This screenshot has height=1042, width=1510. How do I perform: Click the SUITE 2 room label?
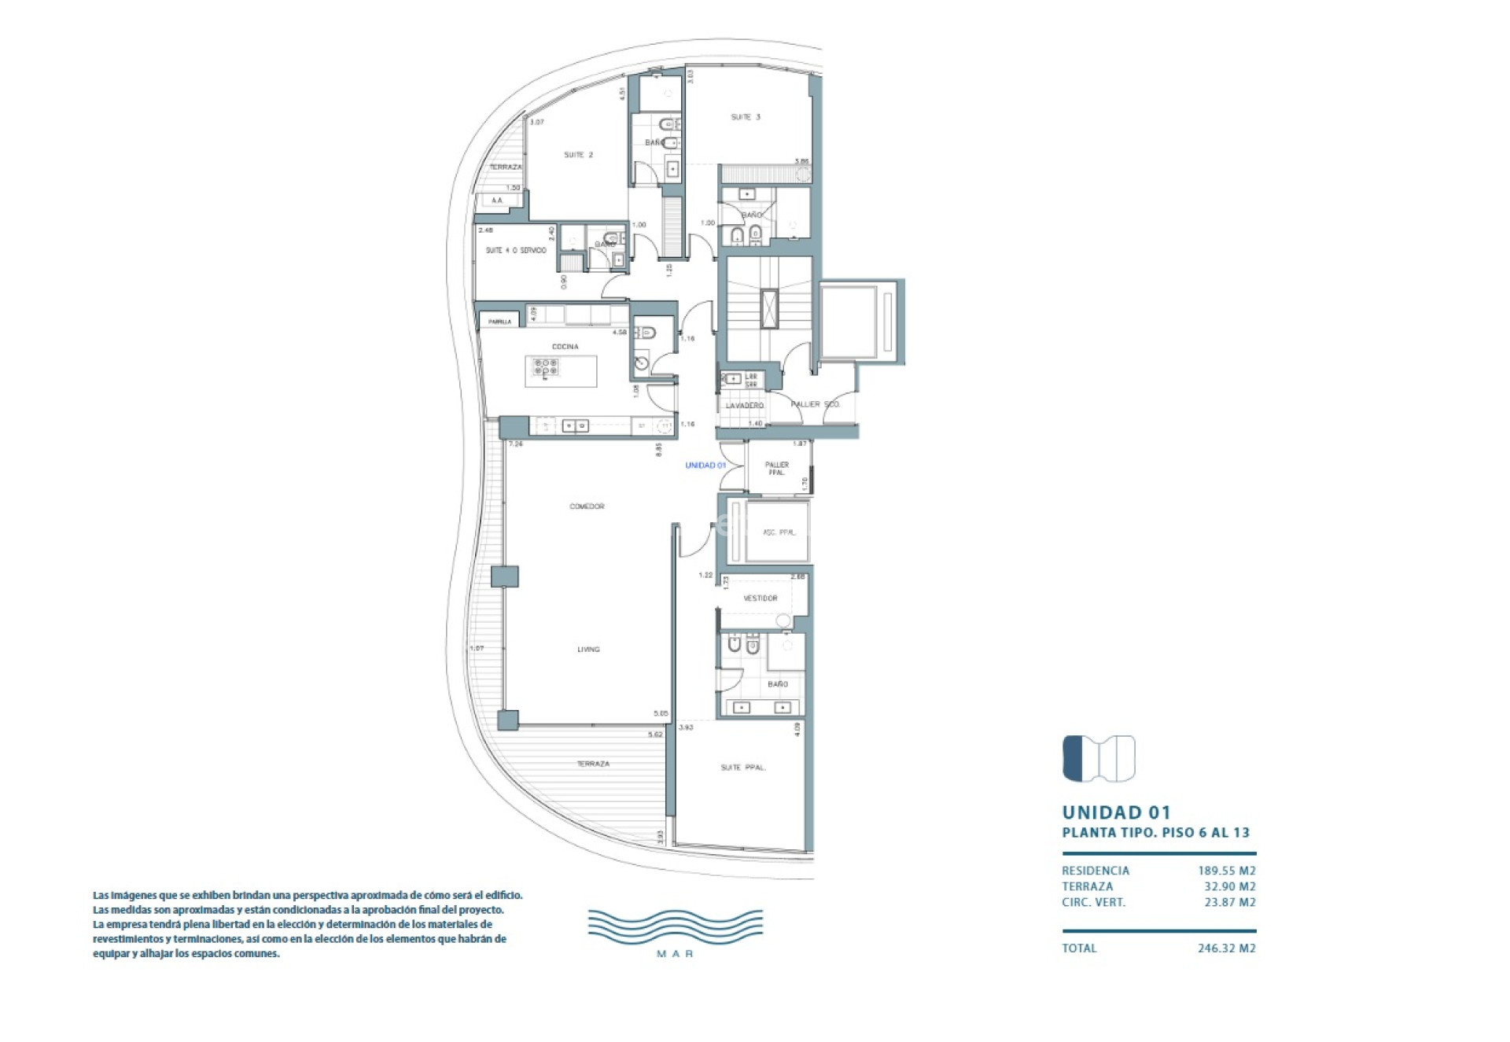point(578,155)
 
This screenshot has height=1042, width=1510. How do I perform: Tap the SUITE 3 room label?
point(746,117)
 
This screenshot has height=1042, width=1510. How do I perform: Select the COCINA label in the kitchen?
point(565,347)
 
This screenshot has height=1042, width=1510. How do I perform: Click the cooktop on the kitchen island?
point(545,367)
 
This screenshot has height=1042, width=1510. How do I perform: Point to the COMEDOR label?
point(587,506)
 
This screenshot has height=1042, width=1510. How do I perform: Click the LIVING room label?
point(588,650)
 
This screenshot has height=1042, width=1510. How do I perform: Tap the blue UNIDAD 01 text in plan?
point(705,466)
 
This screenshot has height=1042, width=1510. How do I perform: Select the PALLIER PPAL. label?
point(776,469)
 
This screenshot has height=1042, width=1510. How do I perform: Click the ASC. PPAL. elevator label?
point(779,532)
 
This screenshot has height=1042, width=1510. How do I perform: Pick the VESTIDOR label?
point(761,598)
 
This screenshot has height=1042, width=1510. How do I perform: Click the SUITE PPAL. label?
point(743,768)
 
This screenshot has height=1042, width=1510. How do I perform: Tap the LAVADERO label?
point(744,406)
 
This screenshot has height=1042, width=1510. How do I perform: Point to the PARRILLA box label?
point(499,322)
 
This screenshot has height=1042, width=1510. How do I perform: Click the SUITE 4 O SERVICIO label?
point(515,251)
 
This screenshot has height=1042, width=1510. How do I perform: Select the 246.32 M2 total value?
point(1226,948)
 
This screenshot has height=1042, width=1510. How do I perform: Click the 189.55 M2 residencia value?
point(1226,871)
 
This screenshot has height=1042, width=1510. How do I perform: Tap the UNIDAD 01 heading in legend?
point(1116,812)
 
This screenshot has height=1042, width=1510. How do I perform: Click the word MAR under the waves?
point(675,954)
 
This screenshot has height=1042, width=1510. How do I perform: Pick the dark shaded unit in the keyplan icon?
point(1073,758)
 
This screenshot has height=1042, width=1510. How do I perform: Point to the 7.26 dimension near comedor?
point(516,444)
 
